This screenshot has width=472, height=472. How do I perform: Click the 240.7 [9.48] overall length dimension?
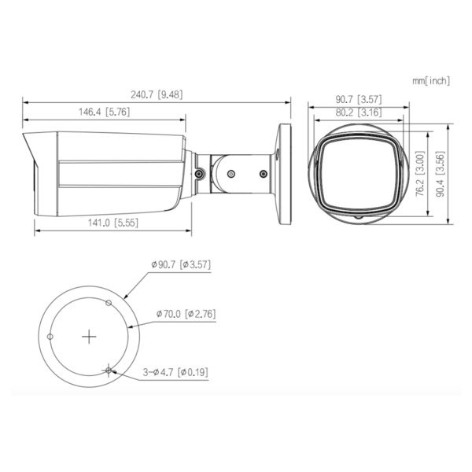click(x=157, y=95)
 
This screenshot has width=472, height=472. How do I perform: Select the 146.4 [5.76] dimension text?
click(x=104, y=112)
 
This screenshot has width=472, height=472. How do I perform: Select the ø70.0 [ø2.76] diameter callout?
click(x=186, y=314)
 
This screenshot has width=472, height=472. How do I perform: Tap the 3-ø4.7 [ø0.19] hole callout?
click(x=175, y=371)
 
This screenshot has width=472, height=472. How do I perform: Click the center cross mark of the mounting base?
click(x=90, y=336)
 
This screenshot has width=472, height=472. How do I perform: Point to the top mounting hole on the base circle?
click(x=109, y=301)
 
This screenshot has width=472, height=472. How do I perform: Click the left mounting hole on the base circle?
click(x=50, y=337)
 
